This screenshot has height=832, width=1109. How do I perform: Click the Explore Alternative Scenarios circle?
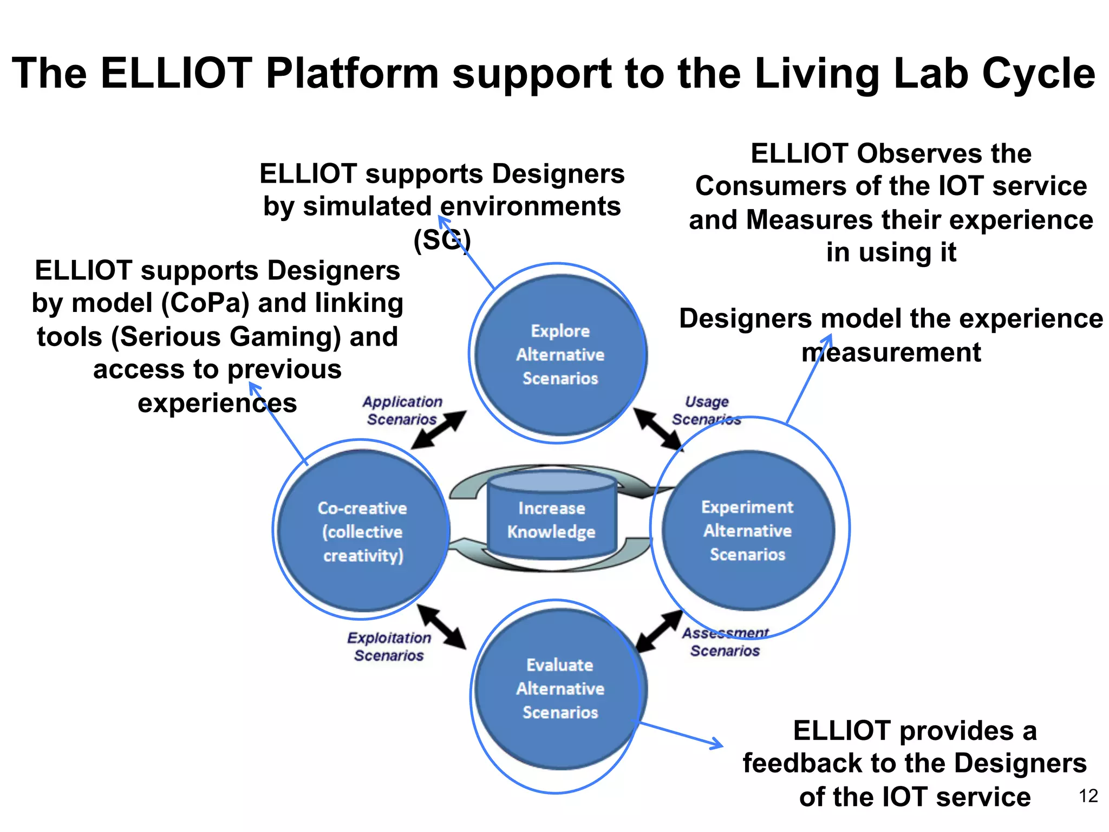point(560,355)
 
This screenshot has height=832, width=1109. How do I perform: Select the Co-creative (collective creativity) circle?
point(362,531)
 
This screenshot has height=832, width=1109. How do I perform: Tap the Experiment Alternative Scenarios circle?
point(747,530)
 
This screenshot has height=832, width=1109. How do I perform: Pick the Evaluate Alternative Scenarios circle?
point(560,688)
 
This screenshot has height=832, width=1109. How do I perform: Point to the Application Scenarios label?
point(402,411)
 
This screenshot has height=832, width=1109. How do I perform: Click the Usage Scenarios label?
point(706,411)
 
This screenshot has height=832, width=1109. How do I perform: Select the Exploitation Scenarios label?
point(389,647)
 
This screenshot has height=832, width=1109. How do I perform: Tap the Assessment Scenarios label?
point(725,642)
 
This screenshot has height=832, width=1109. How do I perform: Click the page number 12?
point(1088,796)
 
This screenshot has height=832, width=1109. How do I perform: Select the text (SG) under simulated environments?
point(442,239)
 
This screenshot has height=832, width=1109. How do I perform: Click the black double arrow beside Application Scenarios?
point(439,430)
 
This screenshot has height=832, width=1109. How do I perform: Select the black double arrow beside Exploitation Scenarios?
point(441,627)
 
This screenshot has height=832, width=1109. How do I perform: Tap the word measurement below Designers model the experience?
point(891,353)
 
